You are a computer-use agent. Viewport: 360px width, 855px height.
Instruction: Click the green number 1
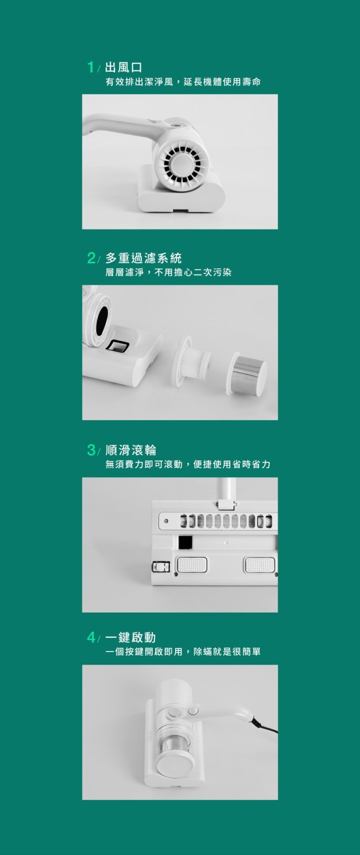pos(90,67)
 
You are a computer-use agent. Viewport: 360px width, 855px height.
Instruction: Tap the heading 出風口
pos(124,68)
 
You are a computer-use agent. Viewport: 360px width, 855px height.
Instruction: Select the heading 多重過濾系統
pos(143,258)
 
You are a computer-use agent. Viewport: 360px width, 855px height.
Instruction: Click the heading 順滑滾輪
pos(131,450)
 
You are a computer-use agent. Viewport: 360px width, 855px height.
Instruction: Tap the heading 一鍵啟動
pos(130,637)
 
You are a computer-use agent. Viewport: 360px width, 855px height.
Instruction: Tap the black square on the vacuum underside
pos(186,542)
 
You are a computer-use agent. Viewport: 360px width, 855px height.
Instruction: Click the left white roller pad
pos(192,565)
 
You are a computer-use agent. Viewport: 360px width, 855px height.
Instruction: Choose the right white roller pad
pos(260,565)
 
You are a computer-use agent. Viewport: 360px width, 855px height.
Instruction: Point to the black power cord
pos(264,725)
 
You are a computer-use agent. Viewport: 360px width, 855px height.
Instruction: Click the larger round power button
pos(174,712)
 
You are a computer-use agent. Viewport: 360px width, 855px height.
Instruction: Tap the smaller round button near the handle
pos(193,711)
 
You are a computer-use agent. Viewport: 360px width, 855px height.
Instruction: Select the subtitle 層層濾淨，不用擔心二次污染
pos(168,272)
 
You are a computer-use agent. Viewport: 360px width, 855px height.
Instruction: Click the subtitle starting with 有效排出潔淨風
pos(183,81)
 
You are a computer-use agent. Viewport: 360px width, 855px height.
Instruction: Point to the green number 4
pos(91,637)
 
